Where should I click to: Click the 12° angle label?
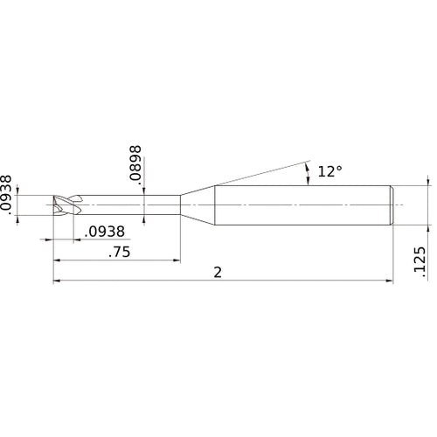pos(330,173)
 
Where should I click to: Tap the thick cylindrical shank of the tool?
pos(306,206)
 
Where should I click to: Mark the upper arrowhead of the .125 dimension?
pos(428,181)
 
